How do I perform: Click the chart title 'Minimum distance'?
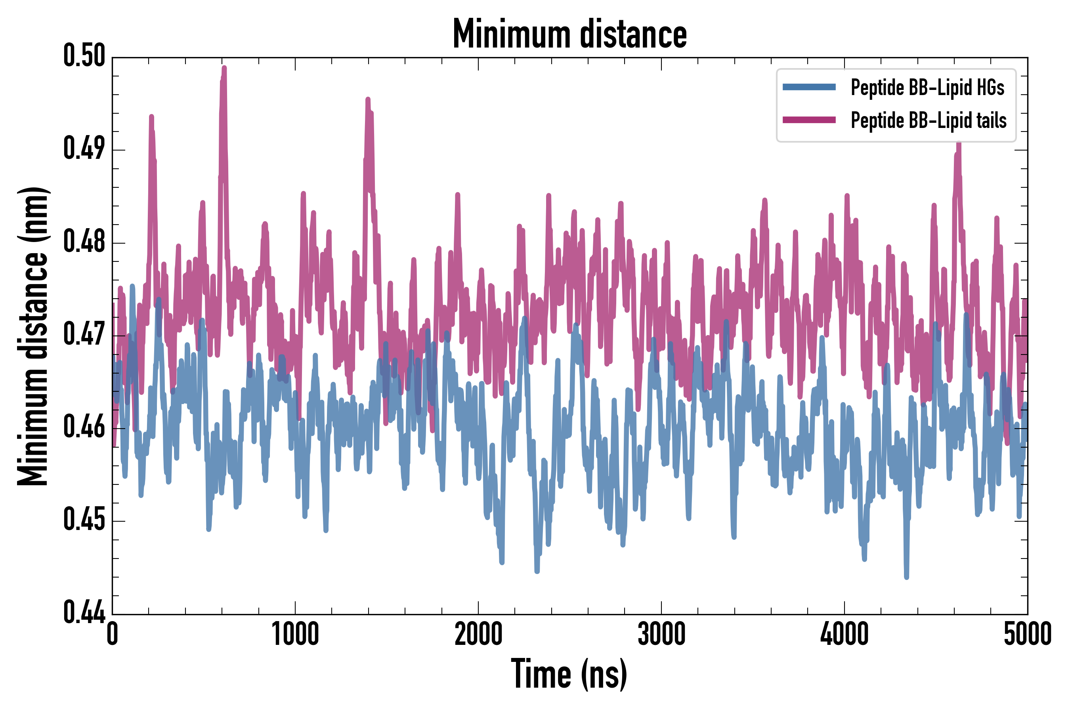coord(569,34)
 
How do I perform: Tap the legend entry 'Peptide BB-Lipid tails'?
coord(928,120)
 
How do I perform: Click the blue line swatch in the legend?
coord(809,87)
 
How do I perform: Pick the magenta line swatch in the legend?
coord(809,120)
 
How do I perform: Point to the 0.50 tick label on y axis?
coord(84,56)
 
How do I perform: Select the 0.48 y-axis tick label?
coord(84,242)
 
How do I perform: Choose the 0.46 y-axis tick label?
coord(84,427)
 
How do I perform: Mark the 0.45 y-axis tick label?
coord(84,520)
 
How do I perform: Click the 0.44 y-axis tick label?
coord(84,612)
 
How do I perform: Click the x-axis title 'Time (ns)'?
coord(569,674)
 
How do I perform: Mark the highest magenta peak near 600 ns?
coord(224,68)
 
